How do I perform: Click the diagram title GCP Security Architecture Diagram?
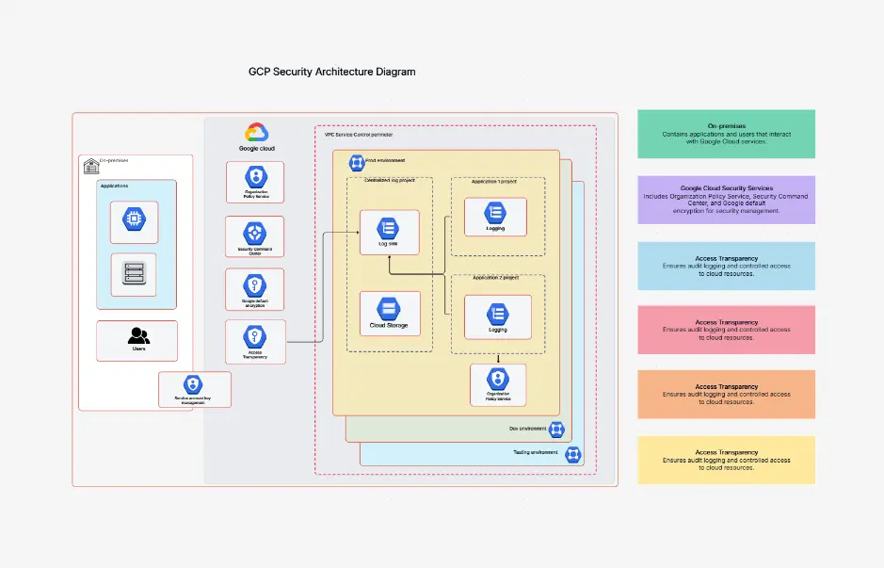pos(331,72)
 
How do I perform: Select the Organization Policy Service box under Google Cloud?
pos(254,182)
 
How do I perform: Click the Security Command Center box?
pos(254,236)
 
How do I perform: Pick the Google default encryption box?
pos(254,289)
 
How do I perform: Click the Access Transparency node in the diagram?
pos(254,342)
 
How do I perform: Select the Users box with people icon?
pos(137,340)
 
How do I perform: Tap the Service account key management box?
pos(194,388)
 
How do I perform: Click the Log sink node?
pos(388,233)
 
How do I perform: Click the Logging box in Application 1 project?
pos(494,217)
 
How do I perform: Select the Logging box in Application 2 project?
pos(497,317)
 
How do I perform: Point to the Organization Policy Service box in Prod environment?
pos(497,384)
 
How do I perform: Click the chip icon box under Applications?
pos(134,221)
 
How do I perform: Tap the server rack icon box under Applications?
pos(134,274)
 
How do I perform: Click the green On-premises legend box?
pos(726,134)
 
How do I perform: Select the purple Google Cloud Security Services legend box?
pos(726,200)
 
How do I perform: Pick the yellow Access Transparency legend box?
pos(726,460)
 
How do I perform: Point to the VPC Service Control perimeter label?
pos(359,135)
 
